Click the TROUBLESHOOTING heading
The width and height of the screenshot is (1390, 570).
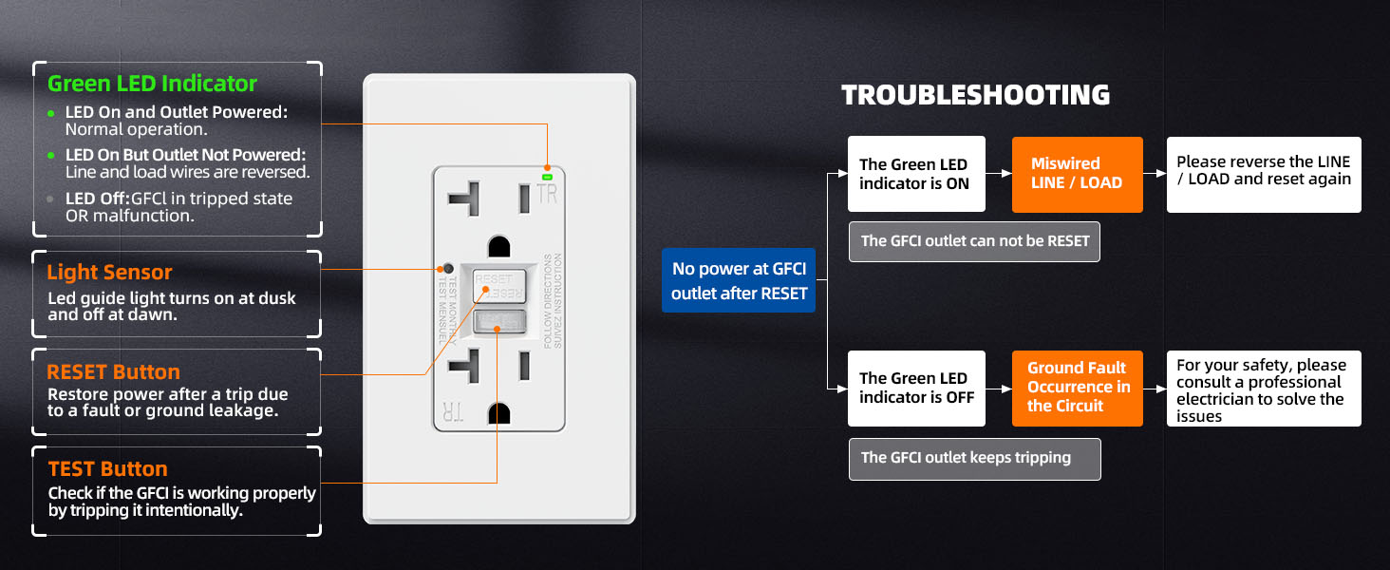coord(975,95)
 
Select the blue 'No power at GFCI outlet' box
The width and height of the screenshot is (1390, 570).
coord(739,281)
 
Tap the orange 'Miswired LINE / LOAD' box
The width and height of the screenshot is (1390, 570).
coord(1077,173)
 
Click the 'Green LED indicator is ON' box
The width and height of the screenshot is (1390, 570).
coord(916,173)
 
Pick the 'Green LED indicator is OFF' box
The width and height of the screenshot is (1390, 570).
coord(916,388)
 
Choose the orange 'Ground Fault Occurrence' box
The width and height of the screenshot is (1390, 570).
coord(1078,388)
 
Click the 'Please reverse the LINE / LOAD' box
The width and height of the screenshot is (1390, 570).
coord(1263,173)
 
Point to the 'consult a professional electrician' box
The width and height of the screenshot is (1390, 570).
coord(1263,389)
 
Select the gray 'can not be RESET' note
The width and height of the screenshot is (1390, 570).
coord(974,241)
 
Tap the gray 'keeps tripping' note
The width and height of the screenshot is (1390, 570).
coord(974,458)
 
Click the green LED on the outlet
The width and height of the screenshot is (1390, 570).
coord(548,176)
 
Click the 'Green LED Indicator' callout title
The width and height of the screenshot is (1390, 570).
coord(152,84)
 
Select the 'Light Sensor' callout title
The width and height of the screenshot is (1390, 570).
coord(110,273)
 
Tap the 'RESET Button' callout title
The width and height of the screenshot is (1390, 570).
coord(113,371)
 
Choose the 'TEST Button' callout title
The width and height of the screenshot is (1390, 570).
coord(107,468)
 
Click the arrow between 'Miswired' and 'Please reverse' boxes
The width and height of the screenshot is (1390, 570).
coord(1154,174)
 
